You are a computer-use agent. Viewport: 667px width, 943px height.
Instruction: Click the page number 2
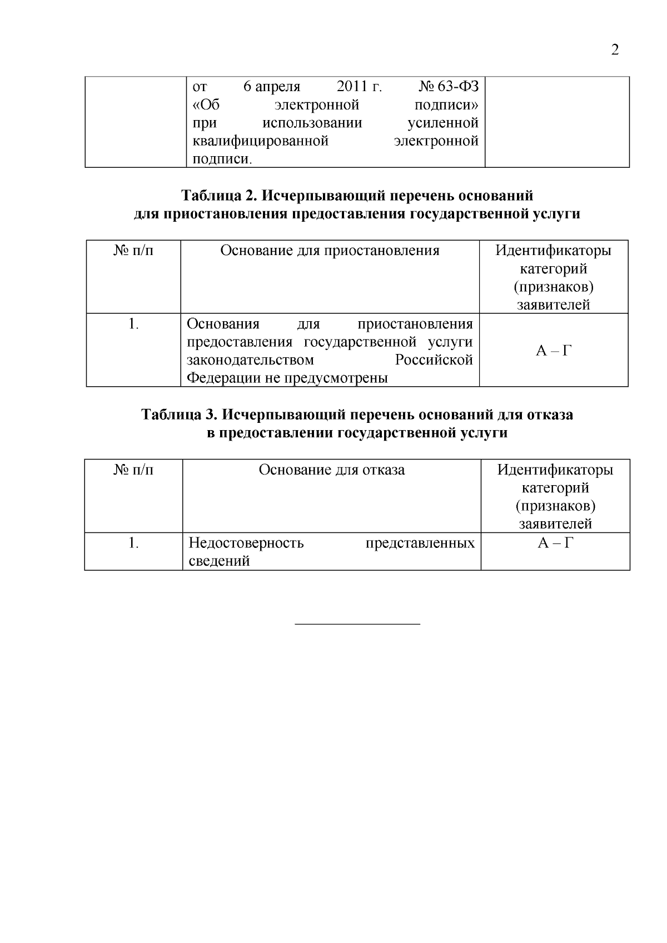(x=615, y=51)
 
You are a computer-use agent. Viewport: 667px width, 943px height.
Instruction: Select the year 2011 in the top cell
(x=352, y=87)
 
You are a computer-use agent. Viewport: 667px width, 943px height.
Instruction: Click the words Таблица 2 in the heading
(x=218, y=196)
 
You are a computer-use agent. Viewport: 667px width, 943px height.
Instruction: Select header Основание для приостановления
(x=330, y=251)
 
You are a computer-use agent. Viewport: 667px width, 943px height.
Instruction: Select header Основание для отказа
(x=332, y=470)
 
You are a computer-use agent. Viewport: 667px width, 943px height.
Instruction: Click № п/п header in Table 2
(x=133, y=251)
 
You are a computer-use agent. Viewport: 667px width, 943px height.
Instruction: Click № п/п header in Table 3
(x=133, y=470)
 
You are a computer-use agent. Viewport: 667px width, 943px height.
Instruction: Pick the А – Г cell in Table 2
(x=554, y=351)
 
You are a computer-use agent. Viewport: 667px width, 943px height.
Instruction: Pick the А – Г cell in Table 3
(x=555, y=543)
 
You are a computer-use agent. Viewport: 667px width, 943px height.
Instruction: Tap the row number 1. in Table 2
(x=133, y=323)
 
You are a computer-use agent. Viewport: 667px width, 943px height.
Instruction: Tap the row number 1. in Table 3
(x=133, y=543)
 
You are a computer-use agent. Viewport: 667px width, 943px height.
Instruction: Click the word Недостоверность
(x=246, y=543)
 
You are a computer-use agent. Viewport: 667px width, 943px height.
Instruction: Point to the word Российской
(x=434, y=360)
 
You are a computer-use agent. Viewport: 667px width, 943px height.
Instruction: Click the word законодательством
(x=250, y=360)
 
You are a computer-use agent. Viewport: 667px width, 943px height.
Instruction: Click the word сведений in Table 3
(x=219, y=561)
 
